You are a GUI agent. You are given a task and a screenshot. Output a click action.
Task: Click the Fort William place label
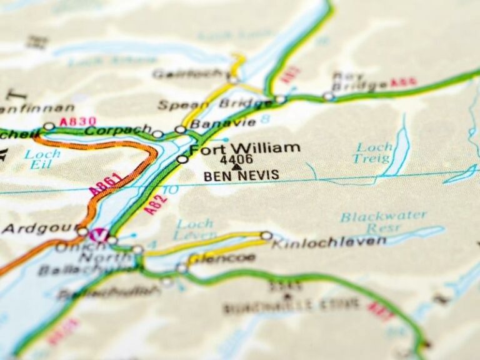(x=244, y=149)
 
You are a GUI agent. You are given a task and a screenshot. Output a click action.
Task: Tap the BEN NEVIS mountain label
(x=241, y=176)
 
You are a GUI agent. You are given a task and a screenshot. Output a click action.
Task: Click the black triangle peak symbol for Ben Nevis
(x=236, y=167)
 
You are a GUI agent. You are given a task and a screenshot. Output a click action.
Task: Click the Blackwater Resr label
(x=383, y=222)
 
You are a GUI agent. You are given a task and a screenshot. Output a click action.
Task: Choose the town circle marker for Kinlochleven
(x=266, y=236)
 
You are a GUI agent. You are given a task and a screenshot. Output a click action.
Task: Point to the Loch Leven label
(x=194, y=229)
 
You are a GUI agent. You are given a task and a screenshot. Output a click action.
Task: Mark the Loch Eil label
(x=42, y=159)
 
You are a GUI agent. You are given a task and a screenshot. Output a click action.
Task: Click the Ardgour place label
(x=36, y=229)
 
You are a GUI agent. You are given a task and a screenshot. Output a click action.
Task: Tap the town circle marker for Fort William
(x=182, y=159)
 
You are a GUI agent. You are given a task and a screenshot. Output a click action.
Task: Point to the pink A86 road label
(x=403, y=82)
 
